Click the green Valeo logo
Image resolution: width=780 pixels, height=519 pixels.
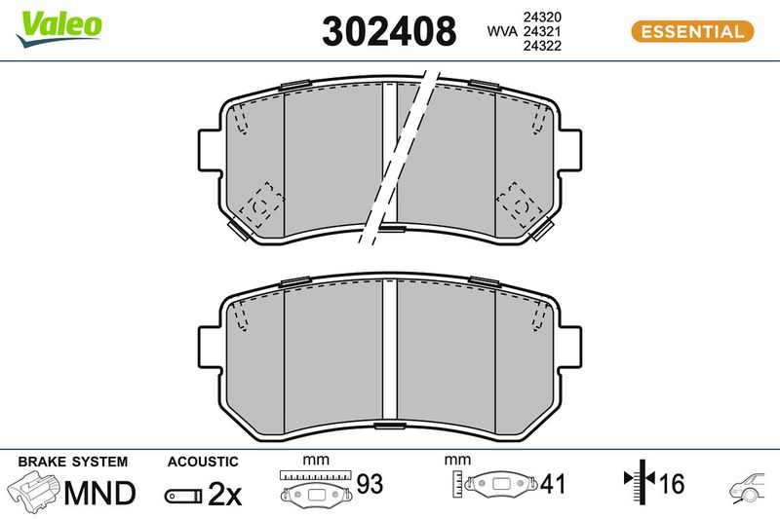58,28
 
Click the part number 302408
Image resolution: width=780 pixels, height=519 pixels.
389,31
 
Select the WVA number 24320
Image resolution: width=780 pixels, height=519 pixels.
542,17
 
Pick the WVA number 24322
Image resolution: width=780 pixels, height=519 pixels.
542,46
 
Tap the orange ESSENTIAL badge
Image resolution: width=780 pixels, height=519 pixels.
692,32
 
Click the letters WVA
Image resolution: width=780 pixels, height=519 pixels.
502,31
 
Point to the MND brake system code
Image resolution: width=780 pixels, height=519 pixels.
99,493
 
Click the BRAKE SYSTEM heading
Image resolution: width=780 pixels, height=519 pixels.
72,462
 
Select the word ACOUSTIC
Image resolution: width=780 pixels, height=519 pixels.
203,462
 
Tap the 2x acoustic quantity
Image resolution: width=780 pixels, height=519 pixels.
224,494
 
